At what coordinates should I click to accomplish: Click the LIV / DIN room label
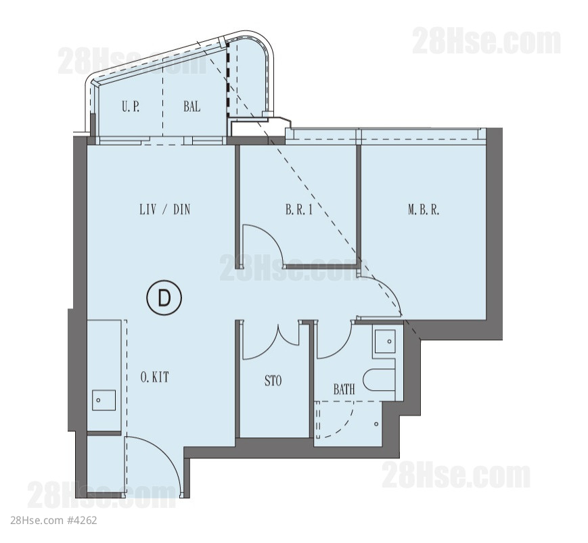(164, 209)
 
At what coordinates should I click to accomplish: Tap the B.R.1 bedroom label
(299, 210)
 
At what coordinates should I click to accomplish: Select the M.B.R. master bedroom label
(424, 210)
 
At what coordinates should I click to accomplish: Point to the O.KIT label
(154, 377)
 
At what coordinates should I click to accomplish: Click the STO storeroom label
(273, 381)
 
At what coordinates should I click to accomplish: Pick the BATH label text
(344, 389)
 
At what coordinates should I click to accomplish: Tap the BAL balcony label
(191, 106)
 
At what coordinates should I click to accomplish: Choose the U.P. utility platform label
(131, 106)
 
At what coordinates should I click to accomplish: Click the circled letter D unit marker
(164, 298)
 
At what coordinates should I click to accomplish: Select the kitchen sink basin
(104, 400)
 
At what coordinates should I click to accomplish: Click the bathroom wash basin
(385, 341)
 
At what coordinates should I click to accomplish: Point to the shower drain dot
(376, 424)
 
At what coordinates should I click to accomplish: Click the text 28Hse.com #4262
(53, 520)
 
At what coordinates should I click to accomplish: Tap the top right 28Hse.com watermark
(487, 41)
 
